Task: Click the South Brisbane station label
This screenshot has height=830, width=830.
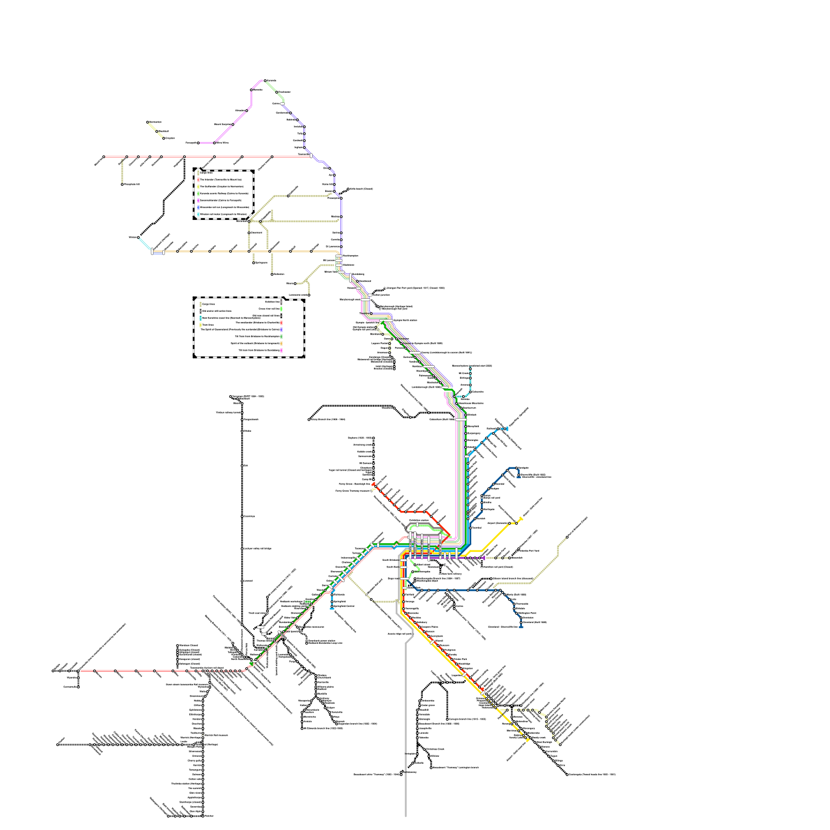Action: coord(391,560)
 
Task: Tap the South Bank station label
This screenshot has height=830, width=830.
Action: coord(393,567)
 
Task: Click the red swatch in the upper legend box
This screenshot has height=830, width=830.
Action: coord(198,179)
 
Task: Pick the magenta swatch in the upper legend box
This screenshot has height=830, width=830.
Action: coord(198,200)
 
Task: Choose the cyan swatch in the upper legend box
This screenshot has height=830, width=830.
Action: coord(198,214)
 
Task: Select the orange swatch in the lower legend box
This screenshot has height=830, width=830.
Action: coord(281,343)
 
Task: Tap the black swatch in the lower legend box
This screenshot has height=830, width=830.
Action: coord(281,315)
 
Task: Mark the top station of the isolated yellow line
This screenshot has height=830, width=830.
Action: coord(148,122)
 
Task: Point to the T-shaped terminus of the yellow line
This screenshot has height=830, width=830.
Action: coord(520,519)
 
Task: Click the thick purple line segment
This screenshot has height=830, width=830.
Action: coord(467,558)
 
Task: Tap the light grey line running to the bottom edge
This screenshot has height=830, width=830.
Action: coord(405,752)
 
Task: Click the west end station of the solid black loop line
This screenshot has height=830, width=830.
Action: coord(309,419)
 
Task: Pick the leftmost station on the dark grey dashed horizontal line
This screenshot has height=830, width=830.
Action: coord(58,745)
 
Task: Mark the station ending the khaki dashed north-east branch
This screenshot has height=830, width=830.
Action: coord(567,537)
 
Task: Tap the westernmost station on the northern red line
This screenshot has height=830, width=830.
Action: coord(104,157)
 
